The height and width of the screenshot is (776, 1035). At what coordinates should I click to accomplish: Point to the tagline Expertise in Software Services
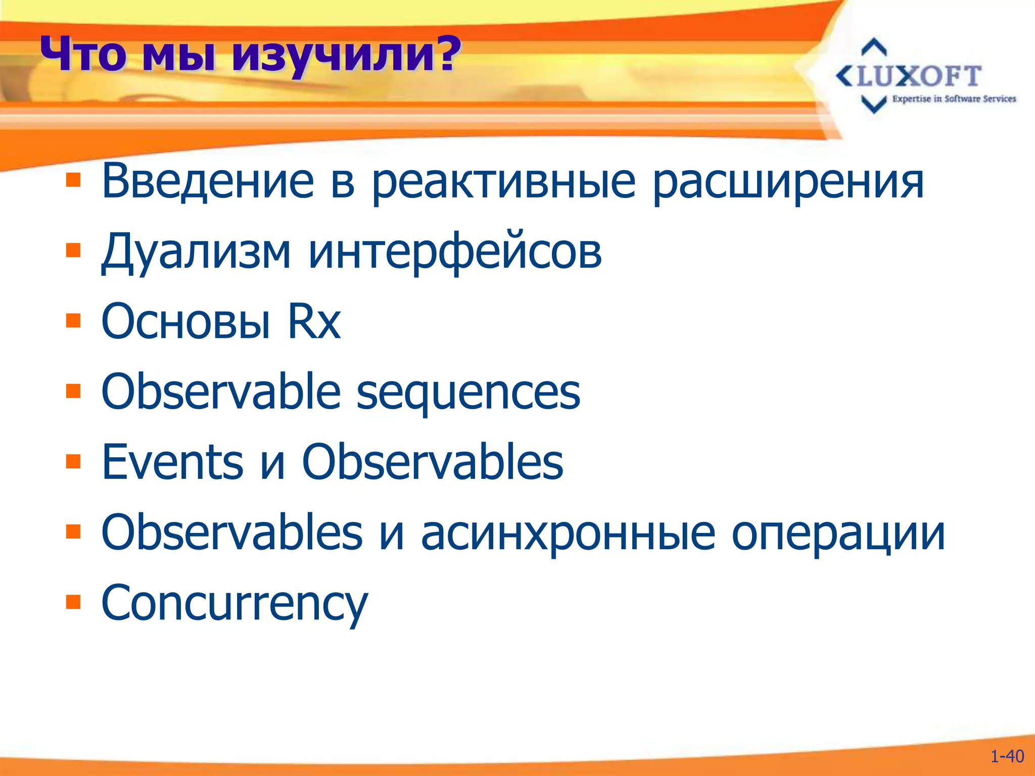[954, 99]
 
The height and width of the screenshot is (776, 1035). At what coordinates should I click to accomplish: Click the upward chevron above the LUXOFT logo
[874, 47]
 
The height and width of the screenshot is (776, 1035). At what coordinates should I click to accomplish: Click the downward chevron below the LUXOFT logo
[874, 104]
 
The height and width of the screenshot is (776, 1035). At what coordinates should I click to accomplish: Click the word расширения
[788, 182]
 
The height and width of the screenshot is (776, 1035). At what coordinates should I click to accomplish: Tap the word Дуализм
[196, 251]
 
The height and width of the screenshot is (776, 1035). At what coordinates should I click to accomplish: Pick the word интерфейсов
[455, 251]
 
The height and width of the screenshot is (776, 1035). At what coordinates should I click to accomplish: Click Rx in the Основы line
[314, 321]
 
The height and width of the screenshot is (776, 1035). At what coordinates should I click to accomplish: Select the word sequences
[468, 393]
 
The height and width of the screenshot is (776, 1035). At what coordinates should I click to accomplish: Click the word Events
[172, 462]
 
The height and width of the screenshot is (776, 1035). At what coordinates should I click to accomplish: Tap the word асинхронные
[568, 533]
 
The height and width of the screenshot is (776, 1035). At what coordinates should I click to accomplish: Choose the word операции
[838, 533]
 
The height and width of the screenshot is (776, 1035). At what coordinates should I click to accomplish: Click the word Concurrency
[234, 603]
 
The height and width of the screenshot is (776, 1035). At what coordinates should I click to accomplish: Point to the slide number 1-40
[1007, 756]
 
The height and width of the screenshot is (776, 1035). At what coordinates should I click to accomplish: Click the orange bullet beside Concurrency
[73, 602]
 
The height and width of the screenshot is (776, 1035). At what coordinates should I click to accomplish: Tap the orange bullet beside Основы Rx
[73, 320]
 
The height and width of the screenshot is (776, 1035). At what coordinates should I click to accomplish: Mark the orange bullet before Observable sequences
[73, 391]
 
